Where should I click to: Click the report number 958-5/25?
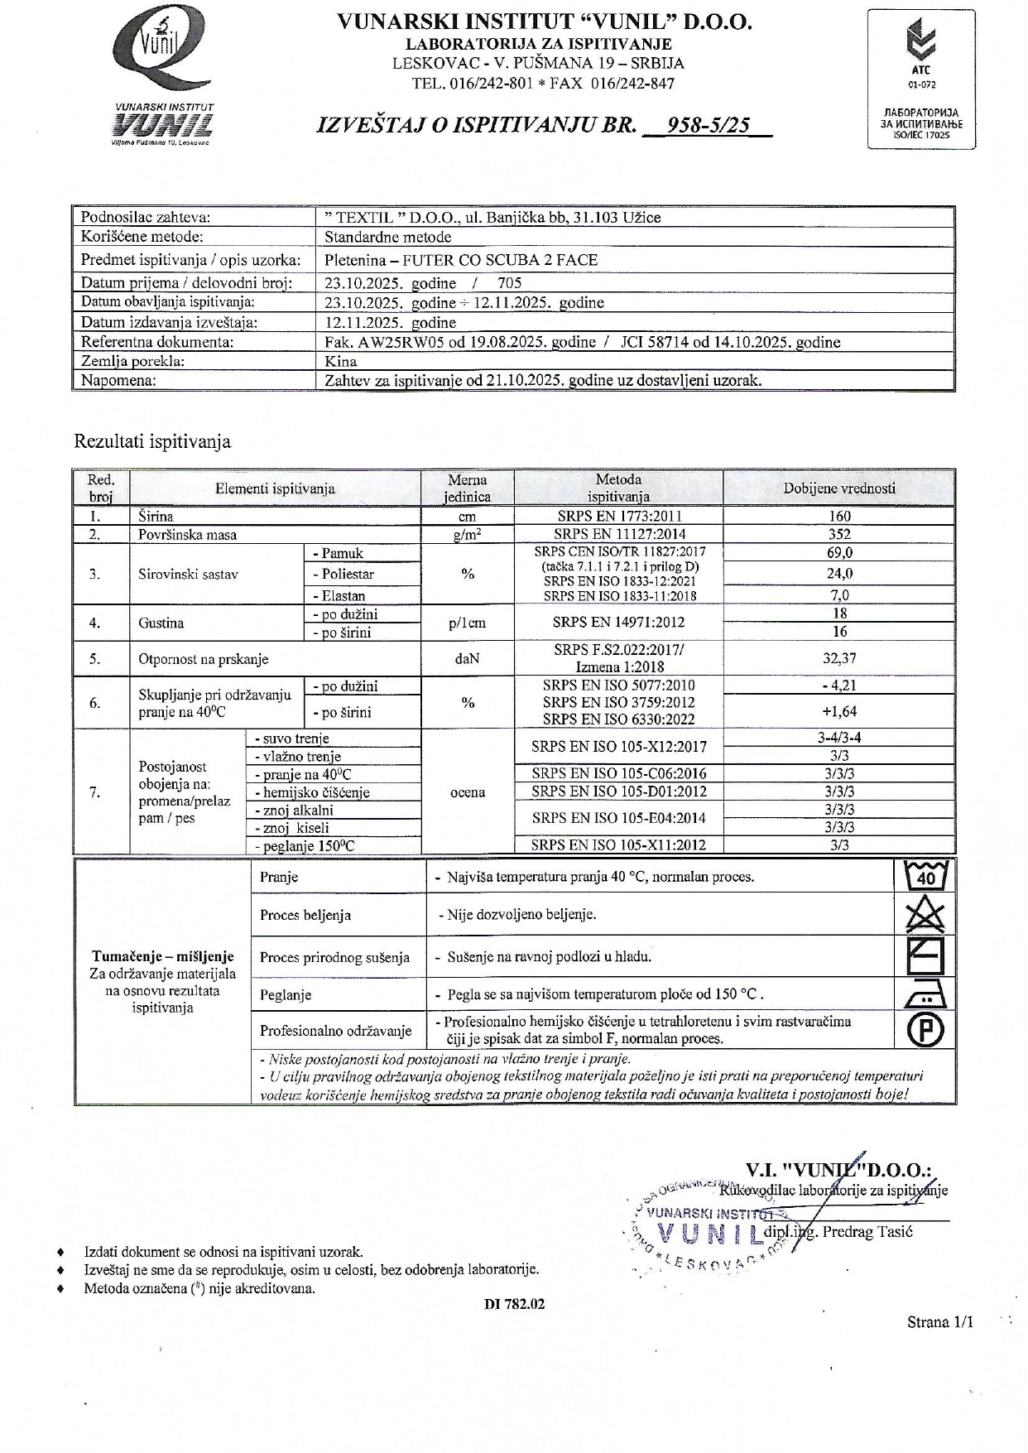[x=709, y=125]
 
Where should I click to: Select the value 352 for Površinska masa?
[x=839, y=534]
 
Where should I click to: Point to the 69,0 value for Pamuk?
[x=839, y=552]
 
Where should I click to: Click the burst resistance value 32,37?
[x=839, y=659]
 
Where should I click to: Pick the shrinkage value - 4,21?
[x=839, y=686]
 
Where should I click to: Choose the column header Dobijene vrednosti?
[x=839, y=488]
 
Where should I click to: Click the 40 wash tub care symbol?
[x=925, y=876]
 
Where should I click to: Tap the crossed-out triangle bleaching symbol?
[x=925, y=916]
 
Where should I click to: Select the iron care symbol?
[x=925, y=994]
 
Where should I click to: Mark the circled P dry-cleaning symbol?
[x=925, y=1030]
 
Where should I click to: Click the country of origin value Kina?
[x=341, y=362]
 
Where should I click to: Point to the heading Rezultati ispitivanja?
[x=152, y=441]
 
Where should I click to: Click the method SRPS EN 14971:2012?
[x=618, y=623]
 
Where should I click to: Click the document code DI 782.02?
[x=514, y=1304]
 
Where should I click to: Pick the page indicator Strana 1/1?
[x=939, y=1322]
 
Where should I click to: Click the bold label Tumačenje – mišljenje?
[x=163, y=956]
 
